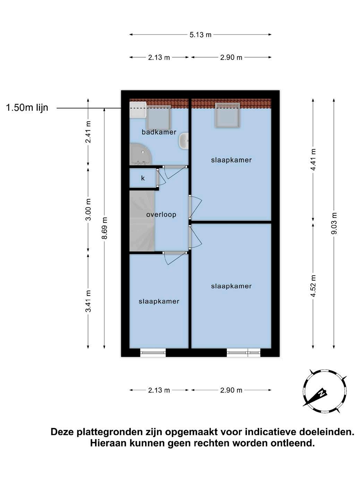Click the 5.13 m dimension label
pos(200,35)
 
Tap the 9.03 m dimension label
pos(334,223)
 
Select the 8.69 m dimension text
pos(105,228)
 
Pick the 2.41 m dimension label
pos(88,132)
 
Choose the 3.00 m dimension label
pos(88,209)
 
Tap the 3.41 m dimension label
pos(88,301)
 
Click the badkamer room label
pos(159,132)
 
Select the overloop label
pos(161,215)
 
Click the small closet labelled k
pos(143,178)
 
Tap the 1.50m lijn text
pos(27,108)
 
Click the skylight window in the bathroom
pos(158,117)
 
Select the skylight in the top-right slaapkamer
pos(228,115)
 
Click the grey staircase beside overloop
pos(142,221)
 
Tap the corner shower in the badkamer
pos(140,154)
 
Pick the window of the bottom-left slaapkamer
pos(153,352)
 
